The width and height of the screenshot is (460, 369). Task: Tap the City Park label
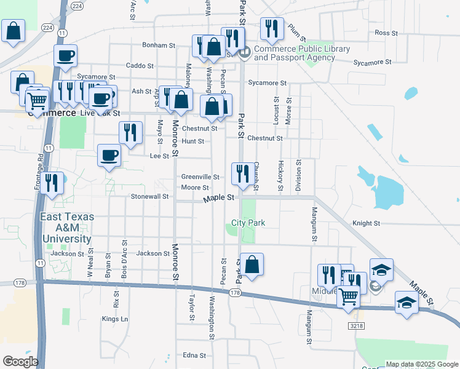[x=248, y=223]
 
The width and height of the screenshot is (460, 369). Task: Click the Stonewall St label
[x=149, y=197]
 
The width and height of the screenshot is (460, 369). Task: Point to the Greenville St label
[x=200, y=177]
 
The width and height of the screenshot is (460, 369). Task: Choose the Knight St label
[x=366, y=224]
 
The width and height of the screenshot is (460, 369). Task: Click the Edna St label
[x=194, y=355]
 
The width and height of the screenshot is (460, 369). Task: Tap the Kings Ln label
[x=115, y=319]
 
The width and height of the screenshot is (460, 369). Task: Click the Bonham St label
[x=159, y=46]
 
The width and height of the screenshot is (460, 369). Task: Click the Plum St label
[x=296, y=30]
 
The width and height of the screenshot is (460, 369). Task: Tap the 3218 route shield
[x=354, y=325]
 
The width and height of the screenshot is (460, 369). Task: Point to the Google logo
[x=20, y=362]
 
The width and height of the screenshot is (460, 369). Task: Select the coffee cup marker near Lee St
[x=109, y=156]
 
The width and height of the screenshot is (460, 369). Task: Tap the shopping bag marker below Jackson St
[x=252, y=265]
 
